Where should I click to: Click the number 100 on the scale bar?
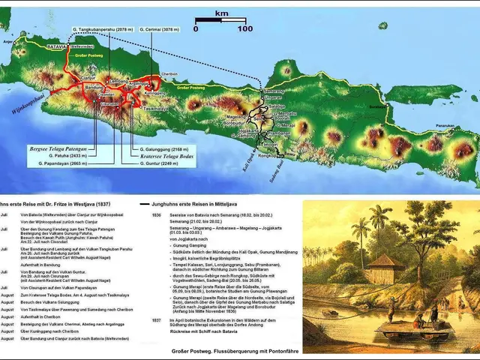(245, 28)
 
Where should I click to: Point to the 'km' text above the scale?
(220, 13)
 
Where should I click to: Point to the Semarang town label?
(275, 91)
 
